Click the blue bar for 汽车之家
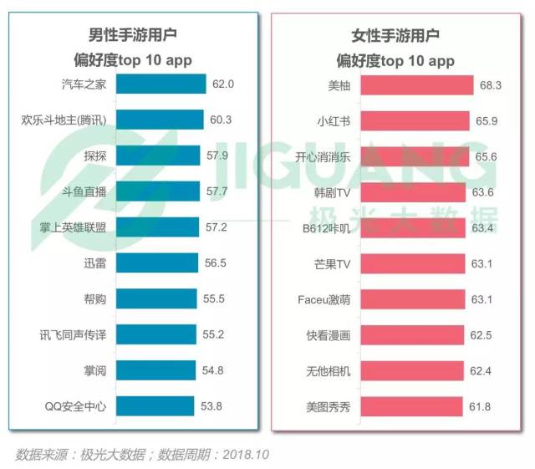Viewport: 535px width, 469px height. click(x=160, y=84)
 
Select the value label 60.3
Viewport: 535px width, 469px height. click(x=221, y=120)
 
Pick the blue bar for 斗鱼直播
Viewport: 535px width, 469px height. click(x=157, y=192)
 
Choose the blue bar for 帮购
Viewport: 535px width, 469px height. click(x=155, y=299)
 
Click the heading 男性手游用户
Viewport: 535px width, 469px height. click(x=133, y=35)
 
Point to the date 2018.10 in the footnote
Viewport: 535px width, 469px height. click(x=243, y=455)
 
